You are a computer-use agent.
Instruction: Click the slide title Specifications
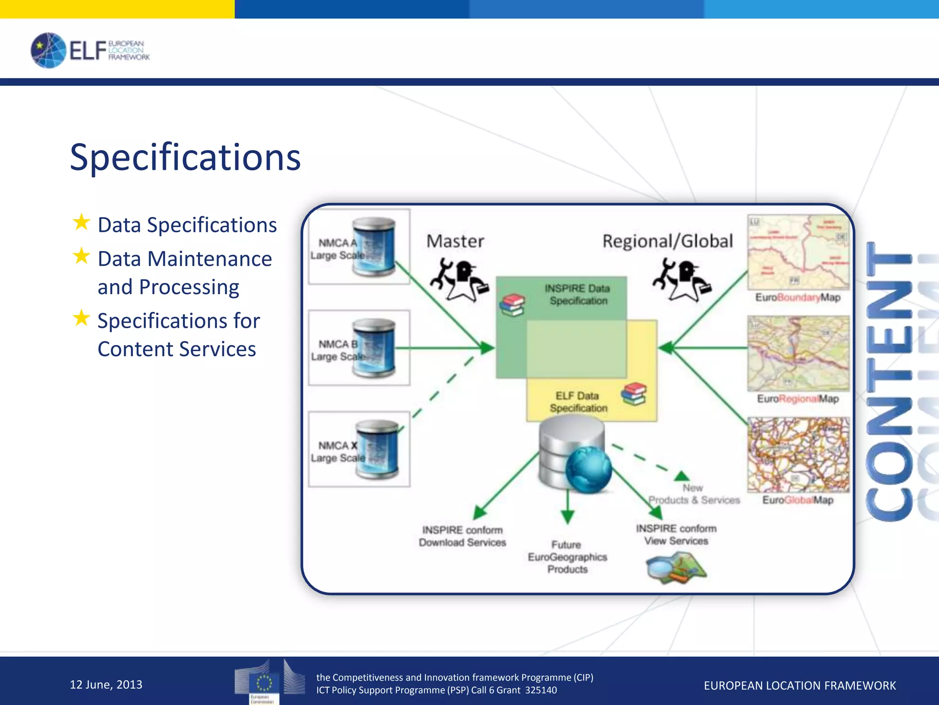(x=185, y=157)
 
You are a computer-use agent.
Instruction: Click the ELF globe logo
(x=48, y=50)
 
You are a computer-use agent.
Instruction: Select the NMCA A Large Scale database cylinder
(x=373, y=247)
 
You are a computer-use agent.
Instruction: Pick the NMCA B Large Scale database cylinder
(x=373, y=348)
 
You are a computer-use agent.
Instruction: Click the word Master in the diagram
(x=455, y=241)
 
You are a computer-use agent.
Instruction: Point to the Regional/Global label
(x=668, y=241)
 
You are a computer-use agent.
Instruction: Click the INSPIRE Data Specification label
(x=578, y=294)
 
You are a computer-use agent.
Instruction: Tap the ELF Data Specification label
(x=578, y=402)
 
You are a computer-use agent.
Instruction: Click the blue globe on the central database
(x=589, y=469)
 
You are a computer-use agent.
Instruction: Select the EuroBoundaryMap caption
(x=798, y=297)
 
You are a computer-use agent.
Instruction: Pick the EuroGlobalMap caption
(x=798, y=500)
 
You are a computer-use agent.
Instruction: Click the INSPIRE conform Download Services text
(x=462, y=536)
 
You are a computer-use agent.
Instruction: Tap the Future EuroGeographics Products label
(x=567, y=557)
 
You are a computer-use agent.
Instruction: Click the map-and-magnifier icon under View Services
(x=676, y=567)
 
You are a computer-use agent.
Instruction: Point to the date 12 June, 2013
(x=106, y=684)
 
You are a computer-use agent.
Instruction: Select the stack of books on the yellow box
(x=634, y=394)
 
